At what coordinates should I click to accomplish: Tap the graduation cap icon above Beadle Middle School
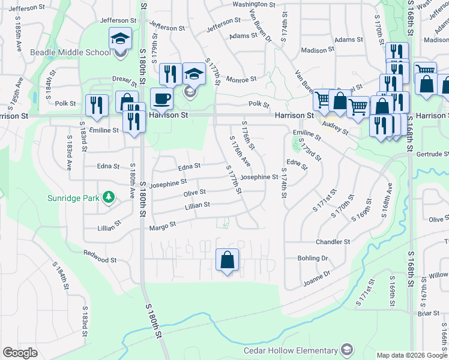[x=120, y=40]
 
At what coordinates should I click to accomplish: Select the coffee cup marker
[x=161, y=98]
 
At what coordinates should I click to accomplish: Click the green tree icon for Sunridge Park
[x=109, y=197]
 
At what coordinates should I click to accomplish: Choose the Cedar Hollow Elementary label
[x=291, y=350]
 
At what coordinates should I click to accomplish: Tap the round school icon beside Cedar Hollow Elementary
[x=347, y=350]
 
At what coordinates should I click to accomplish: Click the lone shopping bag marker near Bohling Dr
[x=227, y=260]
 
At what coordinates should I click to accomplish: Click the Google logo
[x=20, y=353]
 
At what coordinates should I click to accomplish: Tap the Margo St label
[x=163, y=226]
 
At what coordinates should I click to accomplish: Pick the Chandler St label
[x=333, y=242]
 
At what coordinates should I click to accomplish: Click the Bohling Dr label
[x=313, y=258]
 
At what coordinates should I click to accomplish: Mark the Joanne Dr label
[x=318, y=275]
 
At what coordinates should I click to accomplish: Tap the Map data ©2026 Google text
[x=412, y=355]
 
